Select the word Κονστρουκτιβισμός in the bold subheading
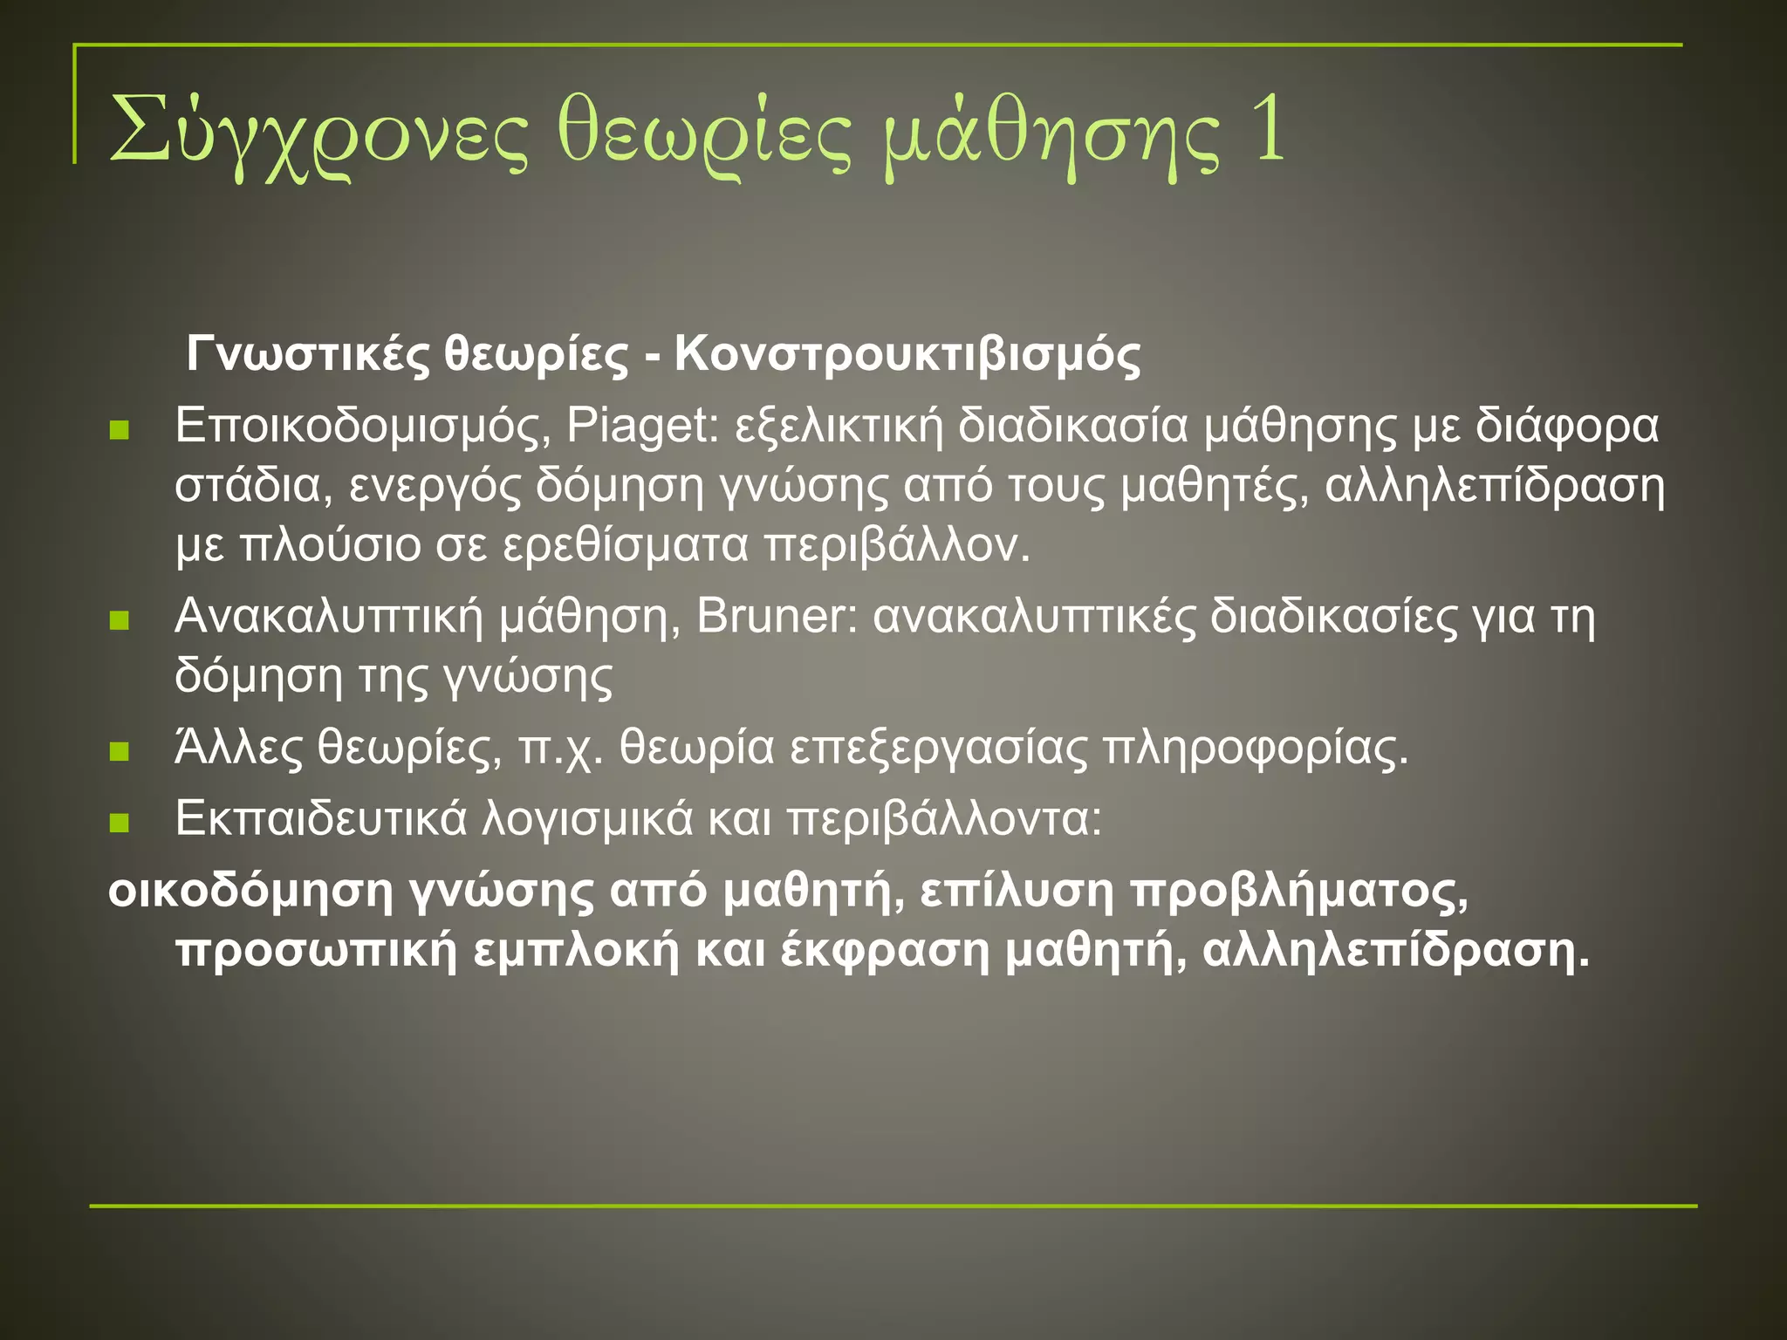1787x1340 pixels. click(907, 354)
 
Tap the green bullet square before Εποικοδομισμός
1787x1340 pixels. click(120, 429)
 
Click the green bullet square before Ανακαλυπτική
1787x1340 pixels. click(120, 620)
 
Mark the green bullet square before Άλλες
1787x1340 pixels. click(120, 751)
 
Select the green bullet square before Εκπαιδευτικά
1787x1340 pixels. click(120, 822)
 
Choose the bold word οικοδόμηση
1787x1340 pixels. click(250, 892)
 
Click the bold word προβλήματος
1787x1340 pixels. click(1298, 892)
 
